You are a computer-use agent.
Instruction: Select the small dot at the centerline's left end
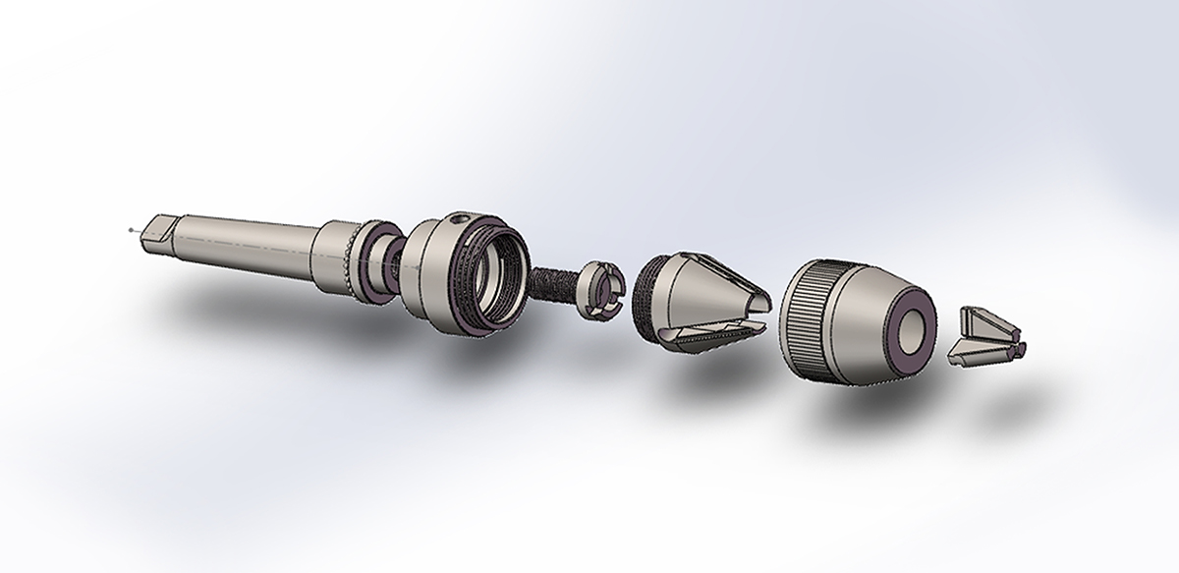point(131,230)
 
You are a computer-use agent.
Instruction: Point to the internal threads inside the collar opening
point(497,280)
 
